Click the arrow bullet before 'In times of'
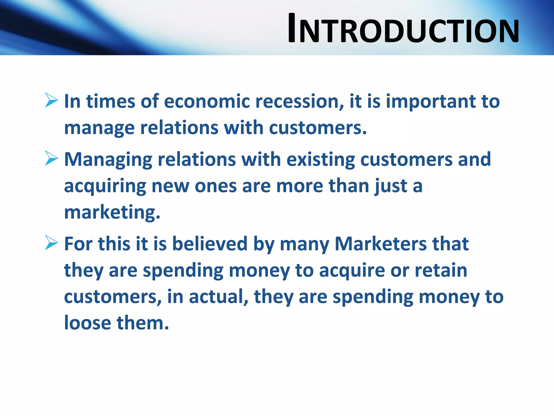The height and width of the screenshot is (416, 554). click(51, 100)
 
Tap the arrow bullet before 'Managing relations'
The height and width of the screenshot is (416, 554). click(51, 158)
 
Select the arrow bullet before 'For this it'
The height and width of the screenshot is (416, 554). click(51, 243)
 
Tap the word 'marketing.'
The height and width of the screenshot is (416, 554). click(112, 212)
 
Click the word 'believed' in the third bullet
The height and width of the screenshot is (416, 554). click(210, 244)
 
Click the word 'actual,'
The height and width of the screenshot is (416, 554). click(219, 297)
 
